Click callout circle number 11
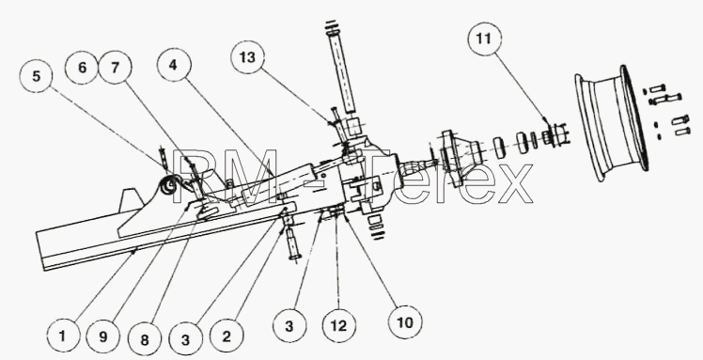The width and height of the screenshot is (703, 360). (484, 39)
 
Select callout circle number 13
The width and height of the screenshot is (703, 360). (247, 57)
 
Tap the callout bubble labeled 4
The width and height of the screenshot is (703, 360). (174, 65)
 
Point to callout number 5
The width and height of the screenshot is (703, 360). (37, 76)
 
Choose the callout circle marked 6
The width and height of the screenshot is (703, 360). (82, 68)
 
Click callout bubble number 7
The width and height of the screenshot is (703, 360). (116, 68)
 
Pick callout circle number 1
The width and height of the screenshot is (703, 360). (63, 336)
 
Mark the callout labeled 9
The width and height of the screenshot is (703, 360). (103, 337)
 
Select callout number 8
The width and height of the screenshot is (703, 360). (145, 339)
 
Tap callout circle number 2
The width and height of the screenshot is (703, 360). (227, 337)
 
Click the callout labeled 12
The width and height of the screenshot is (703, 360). (339, 326)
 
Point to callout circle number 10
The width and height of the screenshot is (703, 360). (405, 321)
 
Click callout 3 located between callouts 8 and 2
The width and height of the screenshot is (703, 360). (185, 339)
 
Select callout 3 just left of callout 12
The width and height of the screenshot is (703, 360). (289, 326)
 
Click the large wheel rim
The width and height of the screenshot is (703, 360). (612, 123)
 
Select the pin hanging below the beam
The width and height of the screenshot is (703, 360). (291, 240)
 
